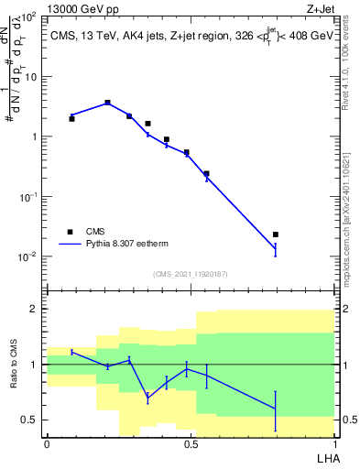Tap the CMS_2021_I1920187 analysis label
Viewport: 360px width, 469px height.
tap(190, 274)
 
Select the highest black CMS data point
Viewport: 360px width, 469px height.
tap(107, 103)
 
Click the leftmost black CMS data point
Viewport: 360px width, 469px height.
tap(71, 118)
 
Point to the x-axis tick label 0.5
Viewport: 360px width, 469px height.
tap(191, 442)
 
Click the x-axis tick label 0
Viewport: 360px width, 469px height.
tap(47, 442)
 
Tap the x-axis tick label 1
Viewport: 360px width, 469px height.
tap(334, 442)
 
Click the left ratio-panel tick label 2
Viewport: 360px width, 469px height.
tap(37, 309)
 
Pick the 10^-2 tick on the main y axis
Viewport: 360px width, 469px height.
tap(28, 256)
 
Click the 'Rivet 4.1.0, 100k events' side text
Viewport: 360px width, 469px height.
tap(352, 64)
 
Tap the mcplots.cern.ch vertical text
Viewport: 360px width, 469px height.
tap(352, 220)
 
